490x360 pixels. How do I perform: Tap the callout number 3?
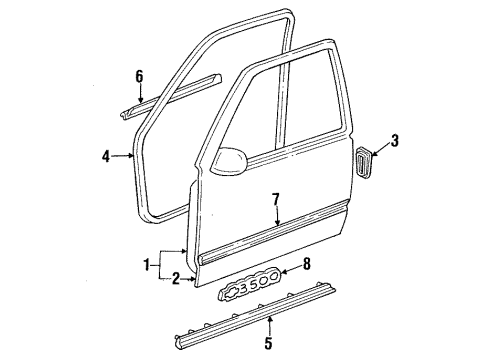[395, 142]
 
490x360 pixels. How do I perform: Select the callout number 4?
[106, 154]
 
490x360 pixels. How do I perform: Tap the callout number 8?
[306, 266]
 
